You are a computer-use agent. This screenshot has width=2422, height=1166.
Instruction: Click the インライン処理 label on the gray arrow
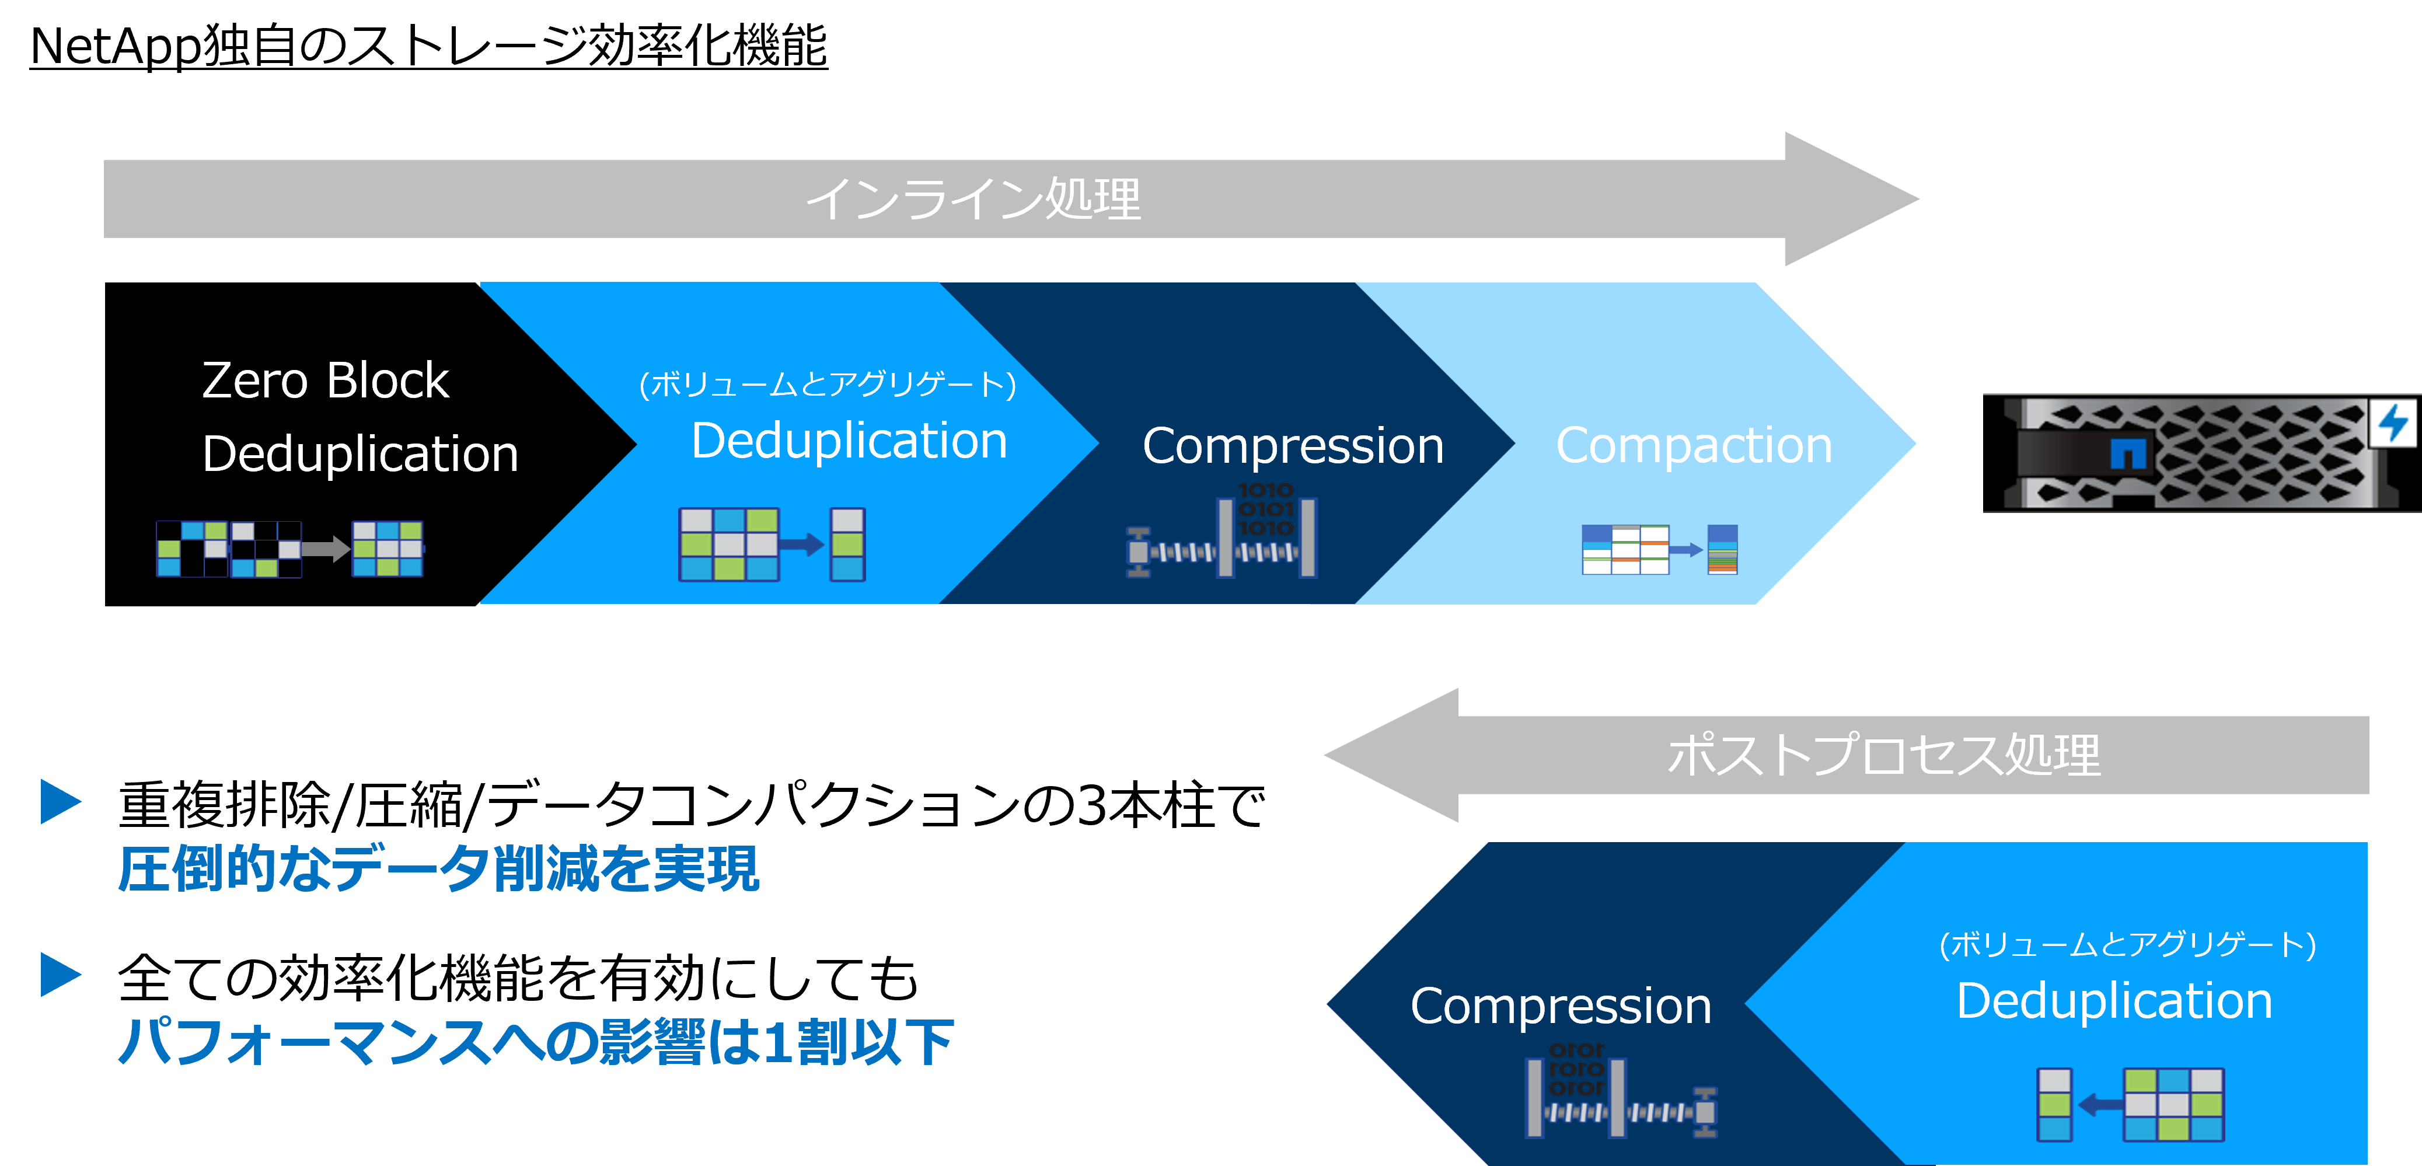point(973,200)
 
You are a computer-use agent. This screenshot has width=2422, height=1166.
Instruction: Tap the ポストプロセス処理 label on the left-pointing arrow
point(1883,755)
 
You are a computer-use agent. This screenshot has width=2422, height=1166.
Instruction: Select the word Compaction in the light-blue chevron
point(1693,446)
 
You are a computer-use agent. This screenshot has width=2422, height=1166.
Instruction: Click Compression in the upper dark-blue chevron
point(1293,446)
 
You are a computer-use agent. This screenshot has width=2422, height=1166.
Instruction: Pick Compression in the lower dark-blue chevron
point(1561,1006)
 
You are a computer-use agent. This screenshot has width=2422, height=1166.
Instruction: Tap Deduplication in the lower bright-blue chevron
point(2114,1000)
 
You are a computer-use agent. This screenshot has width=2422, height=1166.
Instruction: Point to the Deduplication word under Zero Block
point(360,454)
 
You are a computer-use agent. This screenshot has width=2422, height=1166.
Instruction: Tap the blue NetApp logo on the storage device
point(2128,453)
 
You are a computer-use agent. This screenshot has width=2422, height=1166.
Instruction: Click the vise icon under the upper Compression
point(1222,534)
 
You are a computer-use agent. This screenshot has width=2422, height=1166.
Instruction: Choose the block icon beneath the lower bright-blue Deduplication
point(2130,1105)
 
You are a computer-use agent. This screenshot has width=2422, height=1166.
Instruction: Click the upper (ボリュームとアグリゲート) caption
point(828,385)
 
